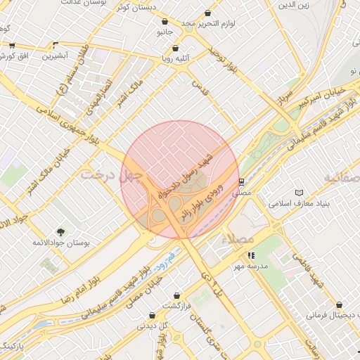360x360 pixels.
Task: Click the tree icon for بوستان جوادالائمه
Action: coord(60,232)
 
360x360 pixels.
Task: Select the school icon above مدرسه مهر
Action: coord(251,256)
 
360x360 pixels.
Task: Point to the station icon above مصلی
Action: coord(241,180)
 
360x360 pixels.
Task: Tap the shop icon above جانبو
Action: coord(165,22)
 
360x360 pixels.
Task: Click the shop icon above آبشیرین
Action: coord(56,45)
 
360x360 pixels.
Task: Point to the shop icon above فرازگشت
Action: coord(176,295)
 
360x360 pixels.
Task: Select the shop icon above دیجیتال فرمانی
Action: coord(340,305)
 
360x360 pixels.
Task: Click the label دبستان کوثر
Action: coord(135,7)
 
